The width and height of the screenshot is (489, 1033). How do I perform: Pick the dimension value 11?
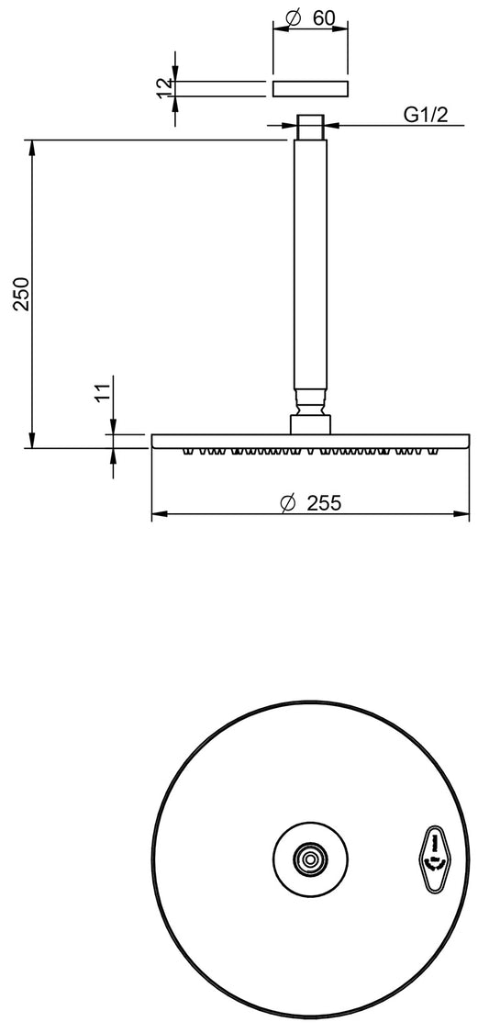pos(103,393)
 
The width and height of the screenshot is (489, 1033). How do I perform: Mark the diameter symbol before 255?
pos(286,502)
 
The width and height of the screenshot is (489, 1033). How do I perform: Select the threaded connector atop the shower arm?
pos(310,126)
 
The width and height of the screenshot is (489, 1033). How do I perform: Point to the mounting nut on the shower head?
pos(310,423)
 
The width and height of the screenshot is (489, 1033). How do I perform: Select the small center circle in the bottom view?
pos(311,859)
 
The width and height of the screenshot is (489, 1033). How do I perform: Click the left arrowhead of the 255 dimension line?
pos(157,515)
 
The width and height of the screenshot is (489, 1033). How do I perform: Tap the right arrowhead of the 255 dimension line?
pos(464,515)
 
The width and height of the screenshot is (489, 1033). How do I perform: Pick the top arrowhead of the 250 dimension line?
pos(32,145)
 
